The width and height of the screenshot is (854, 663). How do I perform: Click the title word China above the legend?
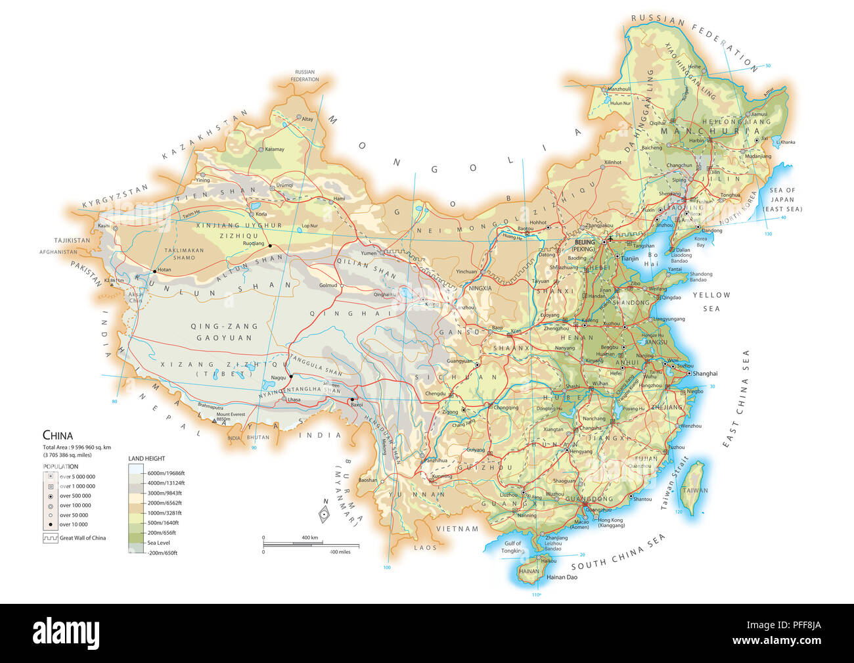pyautogui.click(x=58, y=435)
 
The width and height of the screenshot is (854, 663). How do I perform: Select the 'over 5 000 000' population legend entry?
pyautogui.click(x=77, y=476)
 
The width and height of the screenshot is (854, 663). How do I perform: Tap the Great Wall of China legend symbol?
pyautogui.click(x=50, y=537)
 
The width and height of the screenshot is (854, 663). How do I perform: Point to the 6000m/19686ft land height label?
pyautogui.click(x=166, y=473)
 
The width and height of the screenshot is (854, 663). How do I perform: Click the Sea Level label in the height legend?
pyautogui.click(x=159, y=543)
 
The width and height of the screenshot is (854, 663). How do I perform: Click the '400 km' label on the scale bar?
pyautogui.click(x=309, y=537)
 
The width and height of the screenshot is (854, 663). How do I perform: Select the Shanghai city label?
pyautogui.click(x=705, y=373)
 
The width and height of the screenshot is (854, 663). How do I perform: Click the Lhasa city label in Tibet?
pyautogui.click(x=294, y=400)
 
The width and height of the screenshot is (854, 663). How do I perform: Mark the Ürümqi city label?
pyautogui.click(x=284, y=185)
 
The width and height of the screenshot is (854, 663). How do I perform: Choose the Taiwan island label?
pyautogui.click(x=694, y=490)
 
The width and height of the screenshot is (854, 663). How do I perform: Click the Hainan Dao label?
pyautogui.click(x=562, y=578)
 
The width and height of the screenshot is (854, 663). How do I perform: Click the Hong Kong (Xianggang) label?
pyautogui.click(x=611, y=523)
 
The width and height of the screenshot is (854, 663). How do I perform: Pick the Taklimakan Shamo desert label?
pyautogui.click(x=184, y=254)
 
